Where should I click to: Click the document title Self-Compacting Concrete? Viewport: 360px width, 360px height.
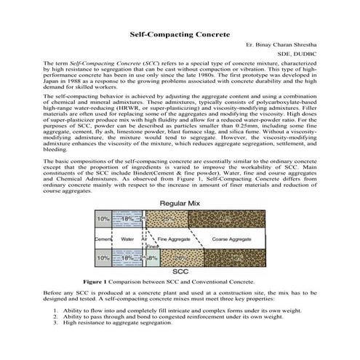180,34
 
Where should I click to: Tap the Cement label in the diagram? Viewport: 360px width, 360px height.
102,238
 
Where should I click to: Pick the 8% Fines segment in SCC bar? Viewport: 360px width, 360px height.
153,257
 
